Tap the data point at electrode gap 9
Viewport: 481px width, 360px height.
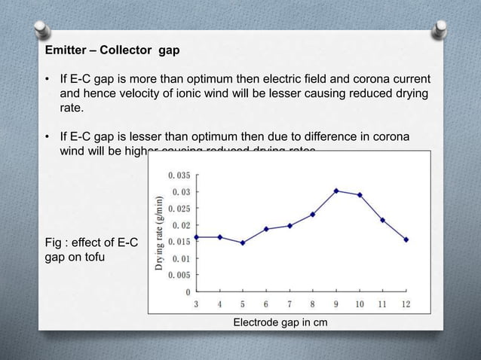click(336, 191)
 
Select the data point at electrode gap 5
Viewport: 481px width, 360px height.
click(243, 243)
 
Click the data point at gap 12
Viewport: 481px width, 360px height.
click(406, 239)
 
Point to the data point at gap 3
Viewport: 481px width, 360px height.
click(197, 237)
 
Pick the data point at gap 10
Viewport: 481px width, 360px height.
click(360, 194)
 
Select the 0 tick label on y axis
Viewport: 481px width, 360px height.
click(188, 291)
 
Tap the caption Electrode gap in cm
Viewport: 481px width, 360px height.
click(280, 322)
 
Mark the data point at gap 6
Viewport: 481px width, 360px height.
click(266, 229)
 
